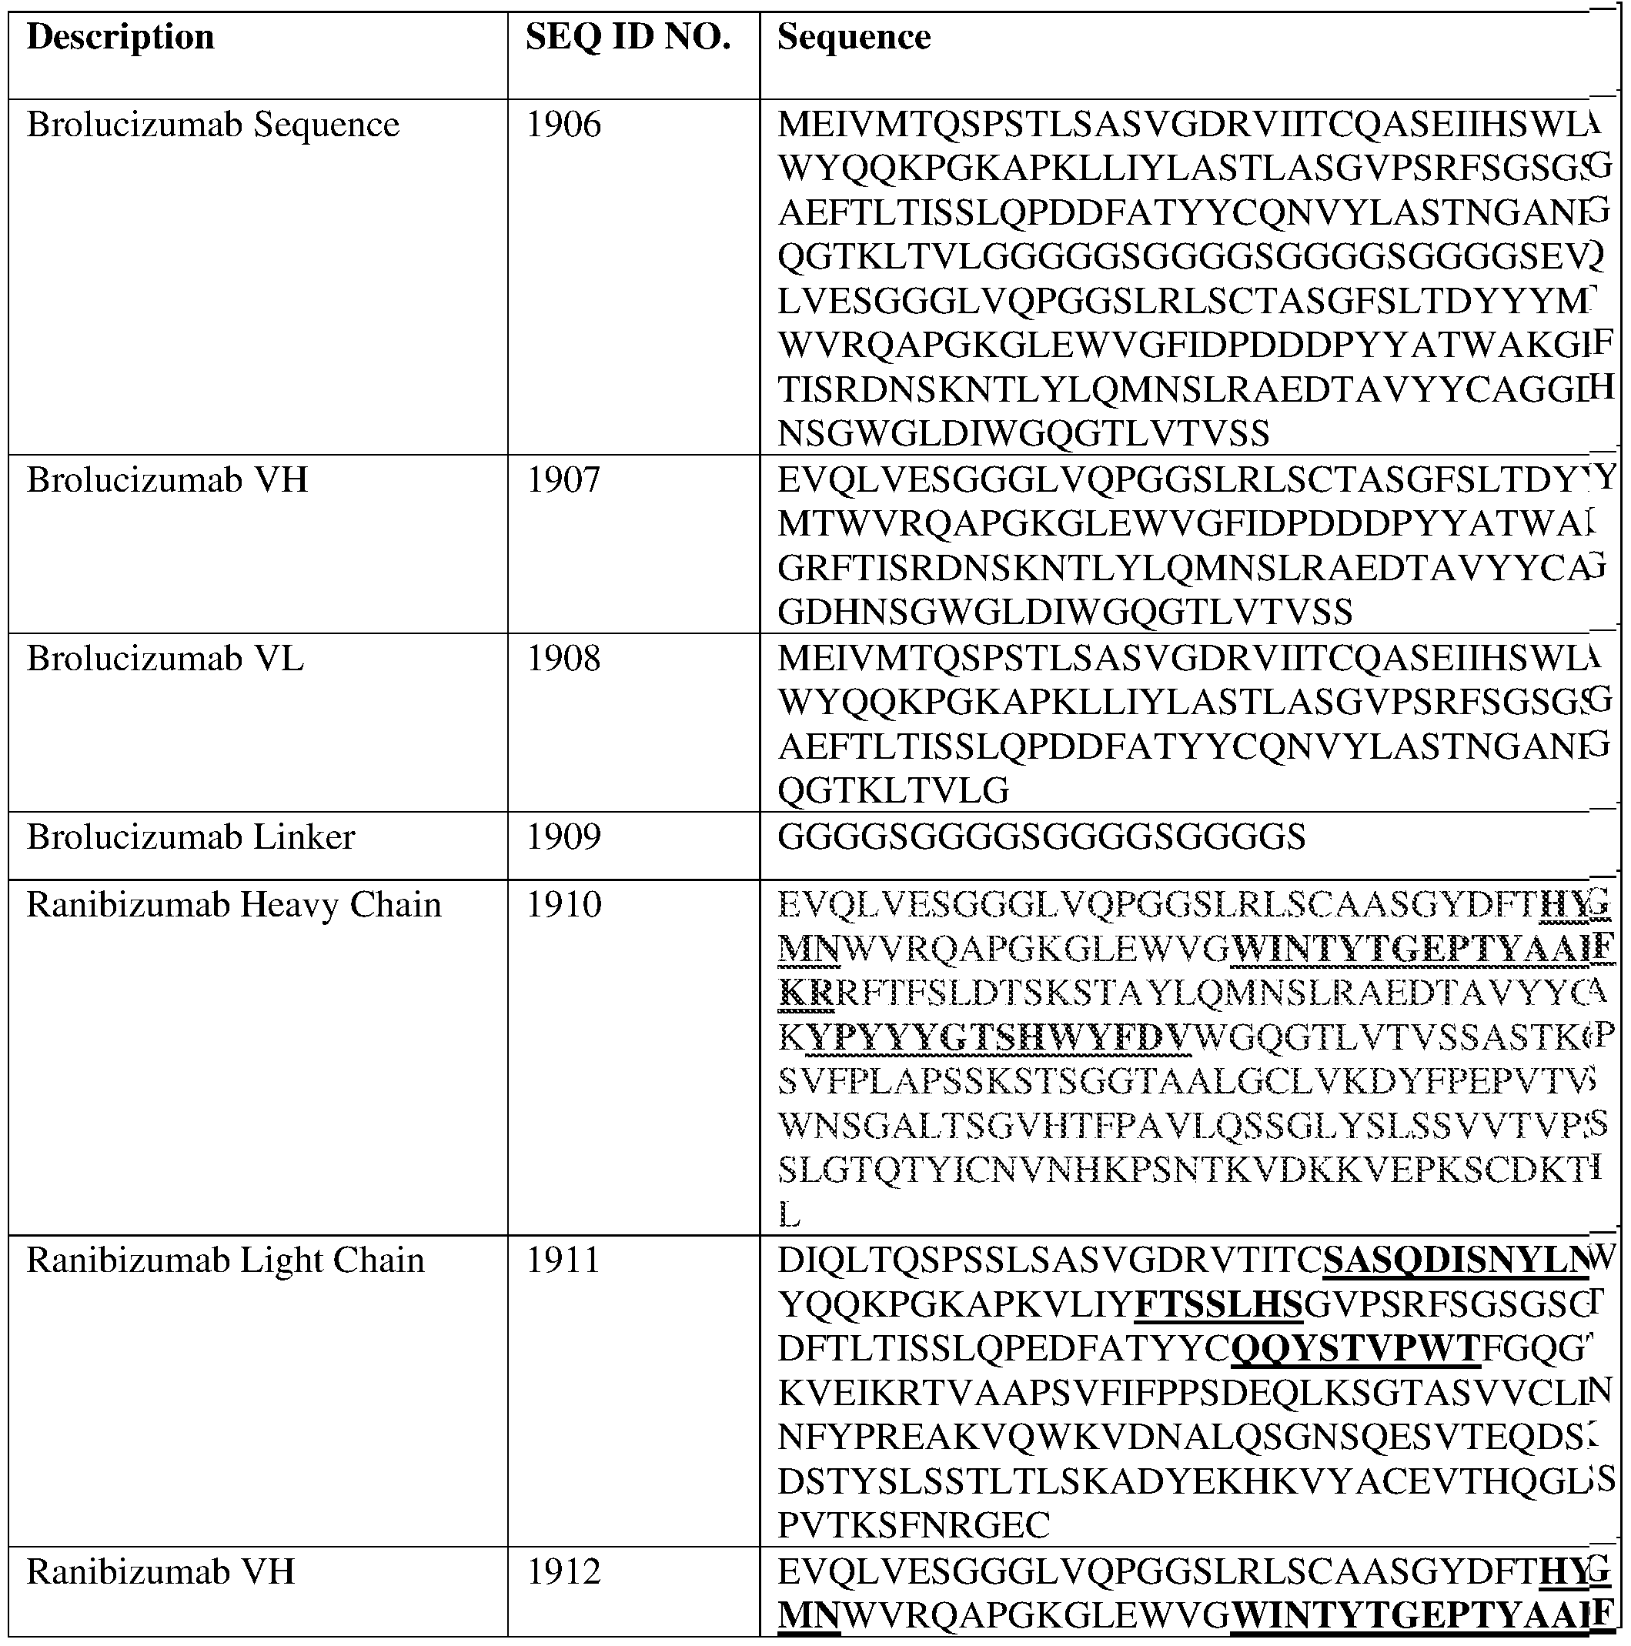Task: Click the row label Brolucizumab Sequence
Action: click(x=213, y=125)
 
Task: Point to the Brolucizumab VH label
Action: click(x=167, y=480)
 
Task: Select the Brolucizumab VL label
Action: click(x=165, y=659)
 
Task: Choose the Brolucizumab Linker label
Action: click(x=191, y=837)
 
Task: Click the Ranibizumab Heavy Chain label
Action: click(x=234, y=906)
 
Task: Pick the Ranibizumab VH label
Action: click(x=161, y=1572)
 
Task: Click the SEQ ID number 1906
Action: click(x=564, y=125)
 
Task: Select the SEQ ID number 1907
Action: click(x=564, y=480)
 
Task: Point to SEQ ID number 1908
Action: click(x=564, y=659)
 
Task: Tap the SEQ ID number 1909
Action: click(x=564, y=837)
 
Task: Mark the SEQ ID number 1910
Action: click(x=564, y=906)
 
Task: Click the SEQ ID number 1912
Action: click(x=564, y=1572)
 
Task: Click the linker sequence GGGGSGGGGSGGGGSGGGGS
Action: click(x=1041, y=837)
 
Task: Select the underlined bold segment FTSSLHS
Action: click(x=1219, y=1305)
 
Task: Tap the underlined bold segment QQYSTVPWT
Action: click(x=1355, y=1350)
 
